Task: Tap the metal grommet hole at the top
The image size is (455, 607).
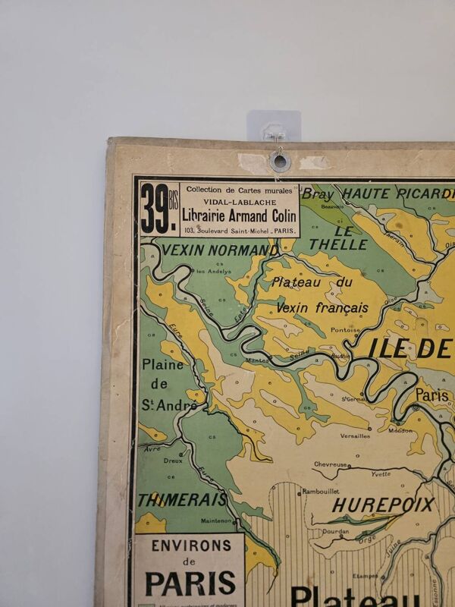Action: coord(280,161)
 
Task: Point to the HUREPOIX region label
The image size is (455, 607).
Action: coord(383,505)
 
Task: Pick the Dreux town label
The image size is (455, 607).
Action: coord(173,460)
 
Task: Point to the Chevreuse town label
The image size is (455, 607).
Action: coord(331,464)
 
